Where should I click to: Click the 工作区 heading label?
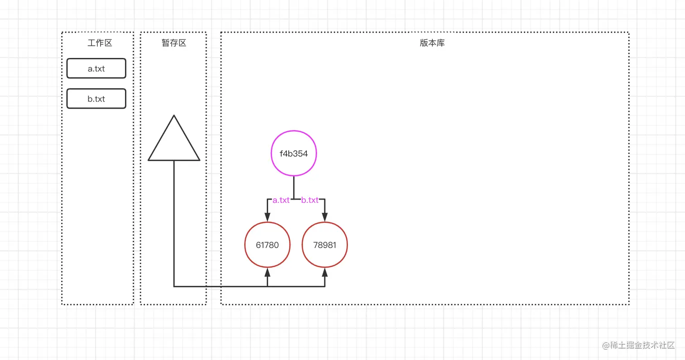click(x=100, y=43)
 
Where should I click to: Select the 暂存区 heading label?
click(x=174, y=43)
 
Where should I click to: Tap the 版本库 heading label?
click(x=432, y=43)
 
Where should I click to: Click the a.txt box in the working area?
click(x=96, y=68)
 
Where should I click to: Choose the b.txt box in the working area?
click(x=96, y=99)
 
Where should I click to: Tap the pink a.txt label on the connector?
click(x=281, y=200)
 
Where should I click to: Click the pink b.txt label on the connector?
click(x=310, y=200)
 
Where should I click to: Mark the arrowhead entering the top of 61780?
click(x=267, y=217)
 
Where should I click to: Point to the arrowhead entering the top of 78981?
click(x=325, y=217)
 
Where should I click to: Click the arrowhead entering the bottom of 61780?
click(x=267, y=273)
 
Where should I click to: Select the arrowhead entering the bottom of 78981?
click(x=325, y=273)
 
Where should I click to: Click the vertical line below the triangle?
click(x=174, y=222)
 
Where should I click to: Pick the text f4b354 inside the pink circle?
click(x=294, y=154)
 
